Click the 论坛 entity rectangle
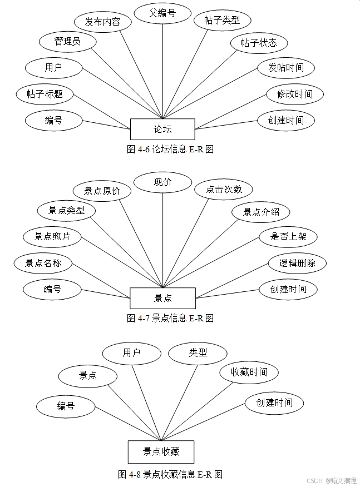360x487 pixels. click(162, 129)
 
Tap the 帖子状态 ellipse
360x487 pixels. click(259, 43)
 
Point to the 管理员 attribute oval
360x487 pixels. click(67, 42)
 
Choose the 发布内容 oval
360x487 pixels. click(102, 22)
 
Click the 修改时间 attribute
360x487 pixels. click(294, 94)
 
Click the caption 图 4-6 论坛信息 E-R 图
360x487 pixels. click(170, 149)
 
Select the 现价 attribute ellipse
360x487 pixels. click(162, 182)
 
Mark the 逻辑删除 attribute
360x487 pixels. click(297, 263)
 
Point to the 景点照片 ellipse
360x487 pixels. click(52, 236)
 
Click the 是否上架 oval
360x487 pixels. click(288, 236)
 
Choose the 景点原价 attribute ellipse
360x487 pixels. click(102, 191)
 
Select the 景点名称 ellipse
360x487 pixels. click(43, 263)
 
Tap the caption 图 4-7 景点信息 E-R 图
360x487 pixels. click(170, 319)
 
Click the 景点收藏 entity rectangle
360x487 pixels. click(161, 451)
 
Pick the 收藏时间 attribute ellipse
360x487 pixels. click(249, 372)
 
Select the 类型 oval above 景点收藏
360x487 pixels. click(198, 353)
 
